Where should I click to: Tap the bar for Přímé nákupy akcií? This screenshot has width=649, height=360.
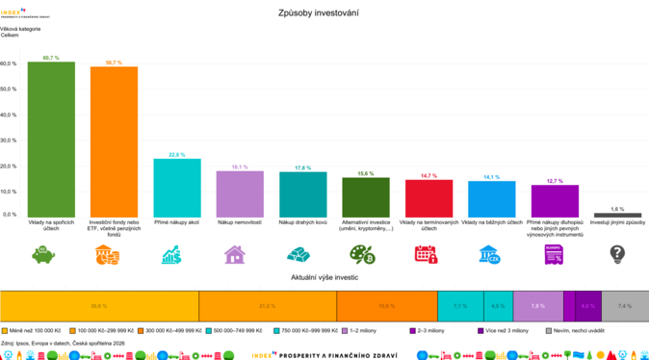pyautogui.click(x=177, y=187)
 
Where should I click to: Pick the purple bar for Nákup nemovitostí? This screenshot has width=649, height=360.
pyautogui.click(x=240, y=193)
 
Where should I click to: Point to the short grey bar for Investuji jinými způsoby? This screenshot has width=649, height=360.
pyautogui.click(x=617, y=214)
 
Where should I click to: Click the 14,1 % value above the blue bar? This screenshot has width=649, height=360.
pyautogui.click(x=491, y=177)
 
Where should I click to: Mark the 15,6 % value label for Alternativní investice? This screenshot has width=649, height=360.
pyautogui.click(x=366, y=173)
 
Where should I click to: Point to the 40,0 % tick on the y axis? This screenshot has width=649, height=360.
pyautogui.click(x=9, y=115)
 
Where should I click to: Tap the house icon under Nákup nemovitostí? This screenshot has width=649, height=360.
pyautogui.click(x=234, y=254)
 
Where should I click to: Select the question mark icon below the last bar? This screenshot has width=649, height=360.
pyautogui.click(x=617, y=254)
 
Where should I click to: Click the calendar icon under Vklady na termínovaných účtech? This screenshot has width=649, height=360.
pyautogui.click(x=426, y=254)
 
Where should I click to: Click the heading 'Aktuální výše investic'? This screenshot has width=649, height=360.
pyautogui.click(x=324, y=276)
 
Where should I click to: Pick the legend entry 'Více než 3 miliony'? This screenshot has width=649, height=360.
pyautogui.click(x=506, y=330)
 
